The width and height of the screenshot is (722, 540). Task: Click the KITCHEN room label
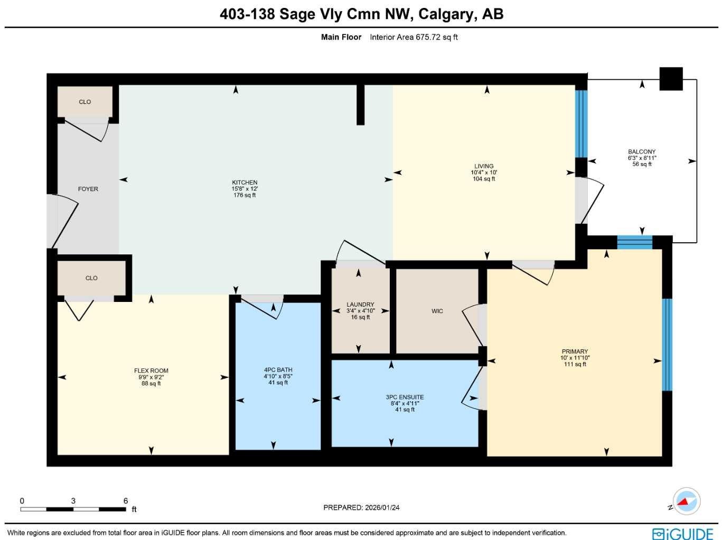click(245, 183)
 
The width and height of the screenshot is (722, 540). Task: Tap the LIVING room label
click(484, 166)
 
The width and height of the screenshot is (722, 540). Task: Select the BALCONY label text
click(642, 152)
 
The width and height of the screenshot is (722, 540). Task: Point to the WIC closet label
click(437, 311)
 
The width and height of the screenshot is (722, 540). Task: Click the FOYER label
click(88, 189)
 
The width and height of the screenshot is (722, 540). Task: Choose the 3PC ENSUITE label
click(405, 397)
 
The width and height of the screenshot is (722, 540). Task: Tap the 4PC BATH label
click(278, 370)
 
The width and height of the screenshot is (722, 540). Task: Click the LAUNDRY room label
click(360, 305)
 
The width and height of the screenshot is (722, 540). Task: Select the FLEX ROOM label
click(151, 371)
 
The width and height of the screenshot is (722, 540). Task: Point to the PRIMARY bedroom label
click(575, 352)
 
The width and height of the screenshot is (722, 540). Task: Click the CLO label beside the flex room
click(91, 278)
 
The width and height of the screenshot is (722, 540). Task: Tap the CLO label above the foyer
click(85, 102)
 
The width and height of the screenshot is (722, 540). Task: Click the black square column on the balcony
click(671, 79)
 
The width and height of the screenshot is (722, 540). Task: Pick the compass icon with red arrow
click(687, 501)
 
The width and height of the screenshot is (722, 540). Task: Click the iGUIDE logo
click(682, 533)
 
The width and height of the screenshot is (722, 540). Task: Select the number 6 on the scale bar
click(126, 501)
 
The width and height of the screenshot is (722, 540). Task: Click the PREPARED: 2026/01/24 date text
click(361, 508)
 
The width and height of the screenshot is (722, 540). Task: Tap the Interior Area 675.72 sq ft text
click(414, 37)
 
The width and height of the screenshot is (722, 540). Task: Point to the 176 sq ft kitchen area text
click(245, 195)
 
